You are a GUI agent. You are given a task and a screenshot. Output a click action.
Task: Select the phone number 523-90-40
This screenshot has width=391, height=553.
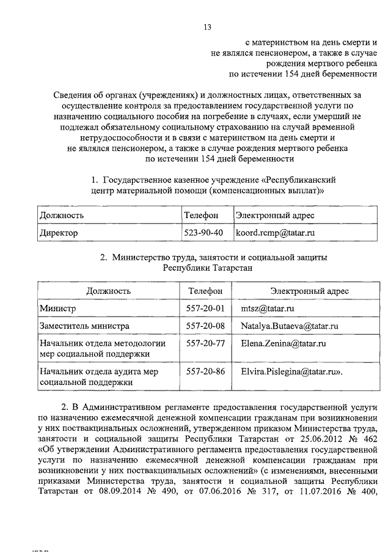click(x=204, y=233)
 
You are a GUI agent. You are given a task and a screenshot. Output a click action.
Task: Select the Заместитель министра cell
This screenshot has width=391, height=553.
click(x=84, y=327)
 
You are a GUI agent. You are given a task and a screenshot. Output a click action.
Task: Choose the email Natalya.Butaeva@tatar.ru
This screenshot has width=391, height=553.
click(x=290, y=327)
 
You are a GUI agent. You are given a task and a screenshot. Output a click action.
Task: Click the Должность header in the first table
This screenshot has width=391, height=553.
click(x=62, y=215)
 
